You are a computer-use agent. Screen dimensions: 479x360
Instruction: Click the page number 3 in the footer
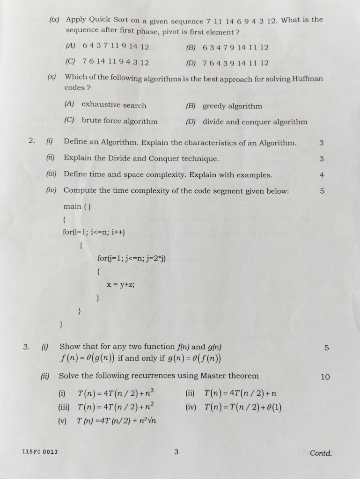[176, 452]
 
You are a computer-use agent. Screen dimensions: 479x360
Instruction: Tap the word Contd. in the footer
[321, 453]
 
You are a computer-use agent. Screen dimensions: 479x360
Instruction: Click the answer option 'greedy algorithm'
[232, 106]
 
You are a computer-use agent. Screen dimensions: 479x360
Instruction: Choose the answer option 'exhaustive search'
[114, 105]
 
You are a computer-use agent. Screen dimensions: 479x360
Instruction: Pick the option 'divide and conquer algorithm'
[255, 122]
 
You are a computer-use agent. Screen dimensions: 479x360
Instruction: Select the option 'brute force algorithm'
[119, 121]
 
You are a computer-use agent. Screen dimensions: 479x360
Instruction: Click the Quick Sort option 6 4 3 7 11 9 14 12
[116, 46]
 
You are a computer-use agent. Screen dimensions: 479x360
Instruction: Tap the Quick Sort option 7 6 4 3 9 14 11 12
[235, 63]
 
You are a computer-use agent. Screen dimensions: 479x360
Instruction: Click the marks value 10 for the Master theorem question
[325, 377]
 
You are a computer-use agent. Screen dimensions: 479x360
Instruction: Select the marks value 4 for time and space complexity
[322, 175]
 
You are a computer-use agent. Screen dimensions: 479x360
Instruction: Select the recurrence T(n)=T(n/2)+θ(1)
[243, 407]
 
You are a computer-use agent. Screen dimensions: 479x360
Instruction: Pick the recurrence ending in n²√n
[117, 421]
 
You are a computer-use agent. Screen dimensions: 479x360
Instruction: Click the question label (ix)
[55, 20]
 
